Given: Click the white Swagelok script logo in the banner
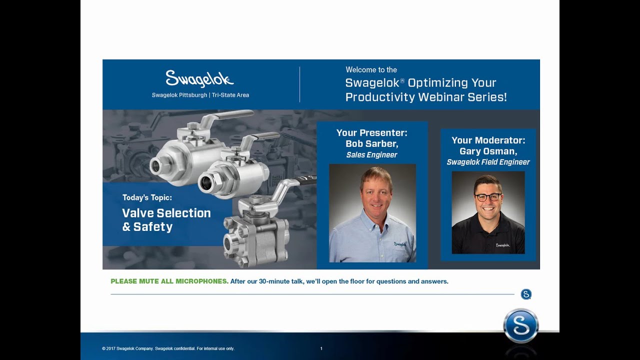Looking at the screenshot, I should pyautogui.click(x=199, y=79).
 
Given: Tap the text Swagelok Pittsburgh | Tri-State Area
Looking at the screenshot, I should pyautogui.click(x=200, y=95).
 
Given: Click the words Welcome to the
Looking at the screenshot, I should pyautogui.click(x=371, y=69).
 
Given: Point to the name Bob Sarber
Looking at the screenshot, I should pyautogui.click(x=371, y=143).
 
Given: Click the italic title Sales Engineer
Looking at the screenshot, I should pyautogui.click(x=371, y=155).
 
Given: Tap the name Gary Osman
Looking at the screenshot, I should pyautogui.click(x=488, y=151).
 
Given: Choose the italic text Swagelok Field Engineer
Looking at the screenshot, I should pyautogui.click(x=488, y=162).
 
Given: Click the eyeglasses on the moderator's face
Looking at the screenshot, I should pyautogui.click(x=487, y=197).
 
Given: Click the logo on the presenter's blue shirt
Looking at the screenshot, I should pyautogui.click(x=399, y=244).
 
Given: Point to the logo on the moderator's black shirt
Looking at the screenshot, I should pyautogui.click(x=502, y=245).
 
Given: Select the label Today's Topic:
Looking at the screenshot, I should pyautogui.click(x=147, y=197).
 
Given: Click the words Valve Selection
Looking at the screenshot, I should pyautogui.click(x=166, y=213).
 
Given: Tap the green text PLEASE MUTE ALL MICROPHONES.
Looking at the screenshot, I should pyautogui.click(x=169, y=281).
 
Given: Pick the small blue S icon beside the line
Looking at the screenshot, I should pyautogui.click(x=526, y=294).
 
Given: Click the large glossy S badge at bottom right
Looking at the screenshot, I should pyautogui.click(x=520, y=326).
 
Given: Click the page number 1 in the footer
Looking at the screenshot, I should pyautogui.click(x=321, y=348).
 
